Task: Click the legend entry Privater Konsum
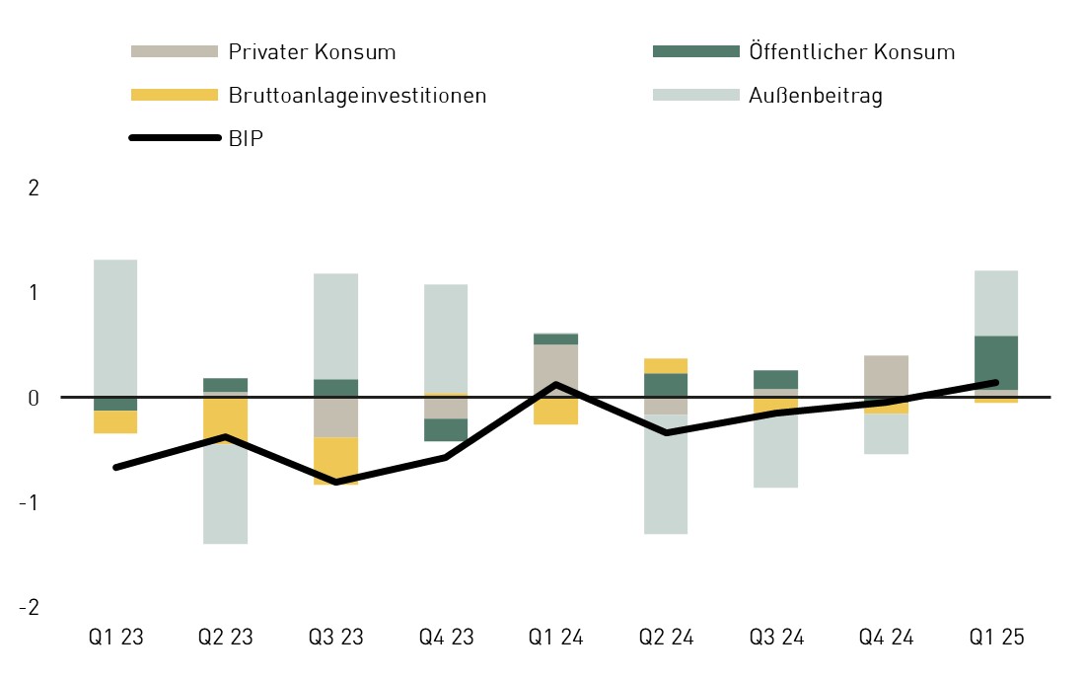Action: [311, 52]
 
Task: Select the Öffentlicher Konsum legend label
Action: [851, 52]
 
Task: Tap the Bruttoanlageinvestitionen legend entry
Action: [357, 96]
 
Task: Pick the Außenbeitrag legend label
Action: [815, 96]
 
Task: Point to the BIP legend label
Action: [246, 139]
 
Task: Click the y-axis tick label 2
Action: [34, 188]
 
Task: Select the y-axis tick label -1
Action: [29, 502]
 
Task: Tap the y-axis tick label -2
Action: [29, 607]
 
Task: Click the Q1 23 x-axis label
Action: [115, 638]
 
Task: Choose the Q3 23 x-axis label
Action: [336, 638]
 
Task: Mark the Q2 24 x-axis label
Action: [667, 638]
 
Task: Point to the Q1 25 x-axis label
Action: [997, 638]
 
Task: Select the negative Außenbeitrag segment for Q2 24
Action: [667, 474]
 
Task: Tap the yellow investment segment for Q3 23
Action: [336, 460]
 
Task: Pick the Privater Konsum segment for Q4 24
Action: [887, 376]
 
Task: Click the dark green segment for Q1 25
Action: [997, 362]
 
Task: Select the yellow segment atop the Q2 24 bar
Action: [667, 365]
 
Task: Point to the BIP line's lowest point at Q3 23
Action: [336, 482]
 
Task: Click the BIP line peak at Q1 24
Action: [556, 384]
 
